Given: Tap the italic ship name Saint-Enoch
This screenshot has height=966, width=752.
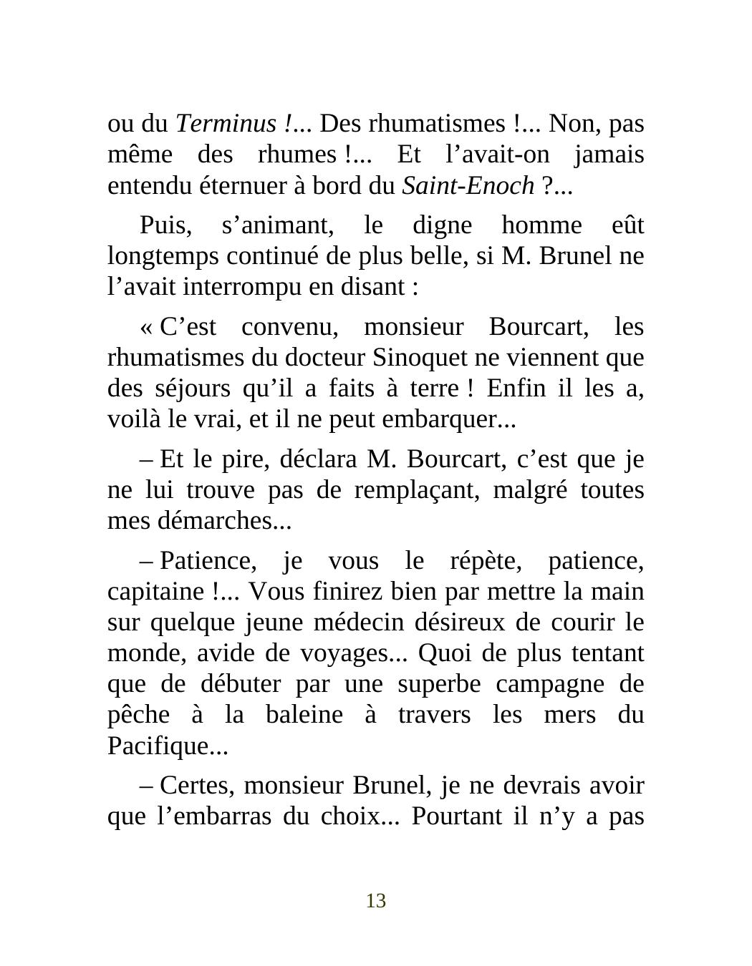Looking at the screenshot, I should point(468,186).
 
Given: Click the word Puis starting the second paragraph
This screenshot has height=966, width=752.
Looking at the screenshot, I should point(165,225).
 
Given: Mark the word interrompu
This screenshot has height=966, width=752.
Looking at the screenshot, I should point(244,287).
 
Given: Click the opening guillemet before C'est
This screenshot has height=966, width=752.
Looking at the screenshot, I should point(146,327).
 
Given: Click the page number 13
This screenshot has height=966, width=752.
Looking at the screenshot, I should point(376,901).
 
